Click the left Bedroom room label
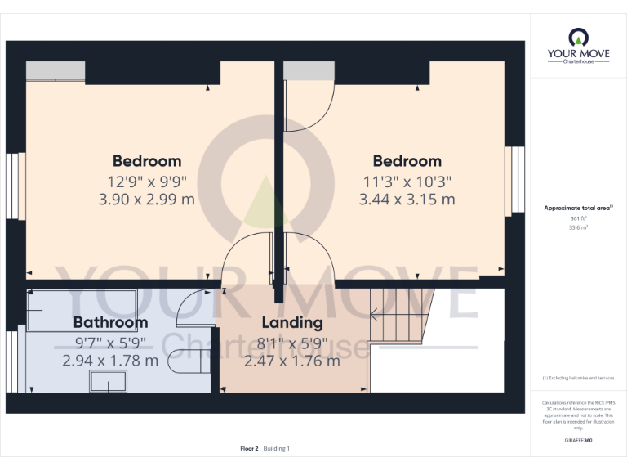pos(147,160)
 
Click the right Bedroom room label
pos(407,160)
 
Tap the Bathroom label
pos(110,321)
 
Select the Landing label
pos(291,322)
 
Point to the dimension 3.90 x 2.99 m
pos(147,199)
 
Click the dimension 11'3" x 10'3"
pos(407,181)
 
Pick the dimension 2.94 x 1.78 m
pos(110,360)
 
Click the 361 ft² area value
pos(578,219)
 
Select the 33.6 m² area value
pos(578,228)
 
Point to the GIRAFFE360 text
pos(578,439)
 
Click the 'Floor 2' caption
pos(249,448)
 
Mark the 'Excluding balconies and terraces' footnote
pos(578,378)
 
